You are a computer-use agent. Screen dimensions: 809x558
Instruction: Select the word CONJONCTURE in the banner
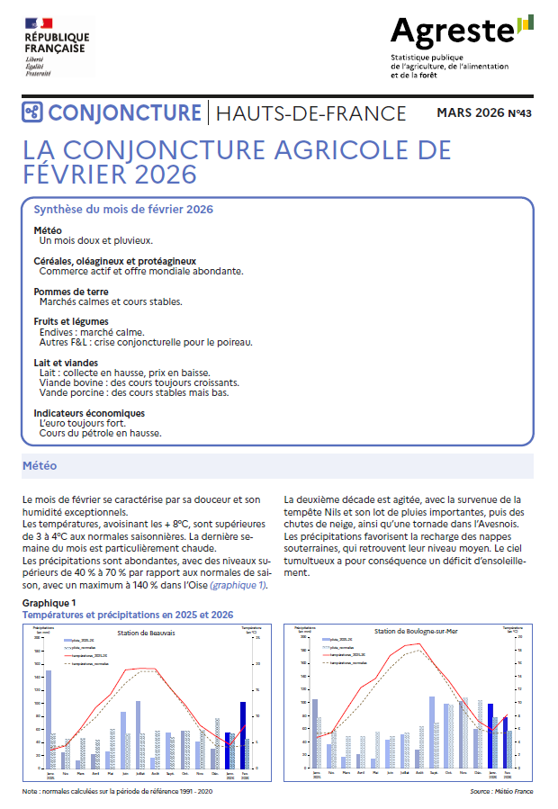pyautogui.click(x=124, y=112)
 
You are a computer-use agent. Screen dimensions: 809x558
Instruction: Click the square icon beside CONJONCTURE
pyautogui.click(x=33, y=112)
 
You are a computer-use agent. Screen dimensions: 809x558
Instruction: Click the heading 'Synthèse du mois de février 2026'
pyautogui.click(x=122, y=209)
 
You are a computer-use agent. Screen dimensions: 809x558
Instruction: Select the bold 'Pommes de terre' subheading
pyautogui.click(x=71, y=292)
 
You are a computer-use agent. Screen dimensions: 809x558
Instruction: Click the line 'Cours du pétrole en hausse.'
pyautogui.click(x=100, y=433)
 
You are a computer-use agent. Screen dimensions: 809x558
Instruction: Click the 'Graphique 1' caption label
pyautogui.click(x=49, y=602)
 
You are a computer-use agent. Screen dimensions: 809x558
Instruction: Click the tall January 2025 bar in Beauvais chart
pyautogui.click(x=49, y=719)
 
